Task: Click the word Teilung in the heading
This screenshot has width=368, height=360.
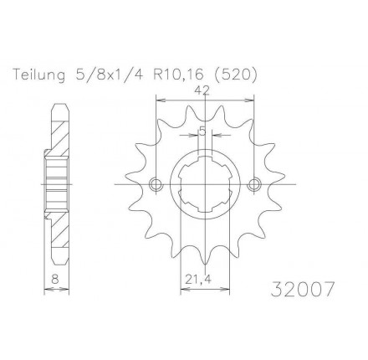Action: (39, 75)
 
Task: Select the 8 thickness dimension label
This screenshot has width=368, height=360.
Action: (55, 279)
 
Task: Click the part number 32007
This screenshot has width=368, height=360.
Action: (302, 289)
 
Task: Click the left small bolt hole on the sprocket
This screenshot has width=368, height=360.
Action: (156, 184)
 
